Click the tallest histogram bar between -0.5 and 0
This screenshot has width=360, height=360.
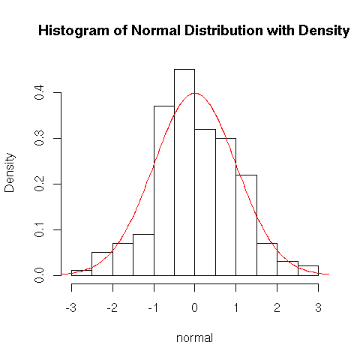tap(184, 172)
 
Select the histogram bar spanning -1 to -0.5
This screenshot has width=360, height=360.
tap(164, 190)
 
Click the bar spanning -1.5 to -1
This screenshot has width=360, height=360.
tap(143, 255)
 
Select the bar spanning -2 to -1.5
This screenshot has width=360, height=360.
tap(123, 259)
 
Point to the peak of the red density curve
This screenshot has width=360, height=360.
tap(195, 93)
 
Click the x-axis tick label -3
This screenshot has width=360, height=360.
tap(71, 307)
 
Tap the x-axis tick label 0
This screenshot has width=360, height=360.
tap(195, 307)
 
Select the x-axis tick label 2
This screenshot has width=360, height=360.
tap(277, 307)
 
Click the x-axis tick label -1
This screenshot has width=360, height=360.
tap(153, 307)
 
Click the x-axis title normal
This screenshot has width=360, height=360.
tap(194, 338)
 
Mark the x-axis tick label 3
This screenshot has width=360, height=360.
tap(318, 307)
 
